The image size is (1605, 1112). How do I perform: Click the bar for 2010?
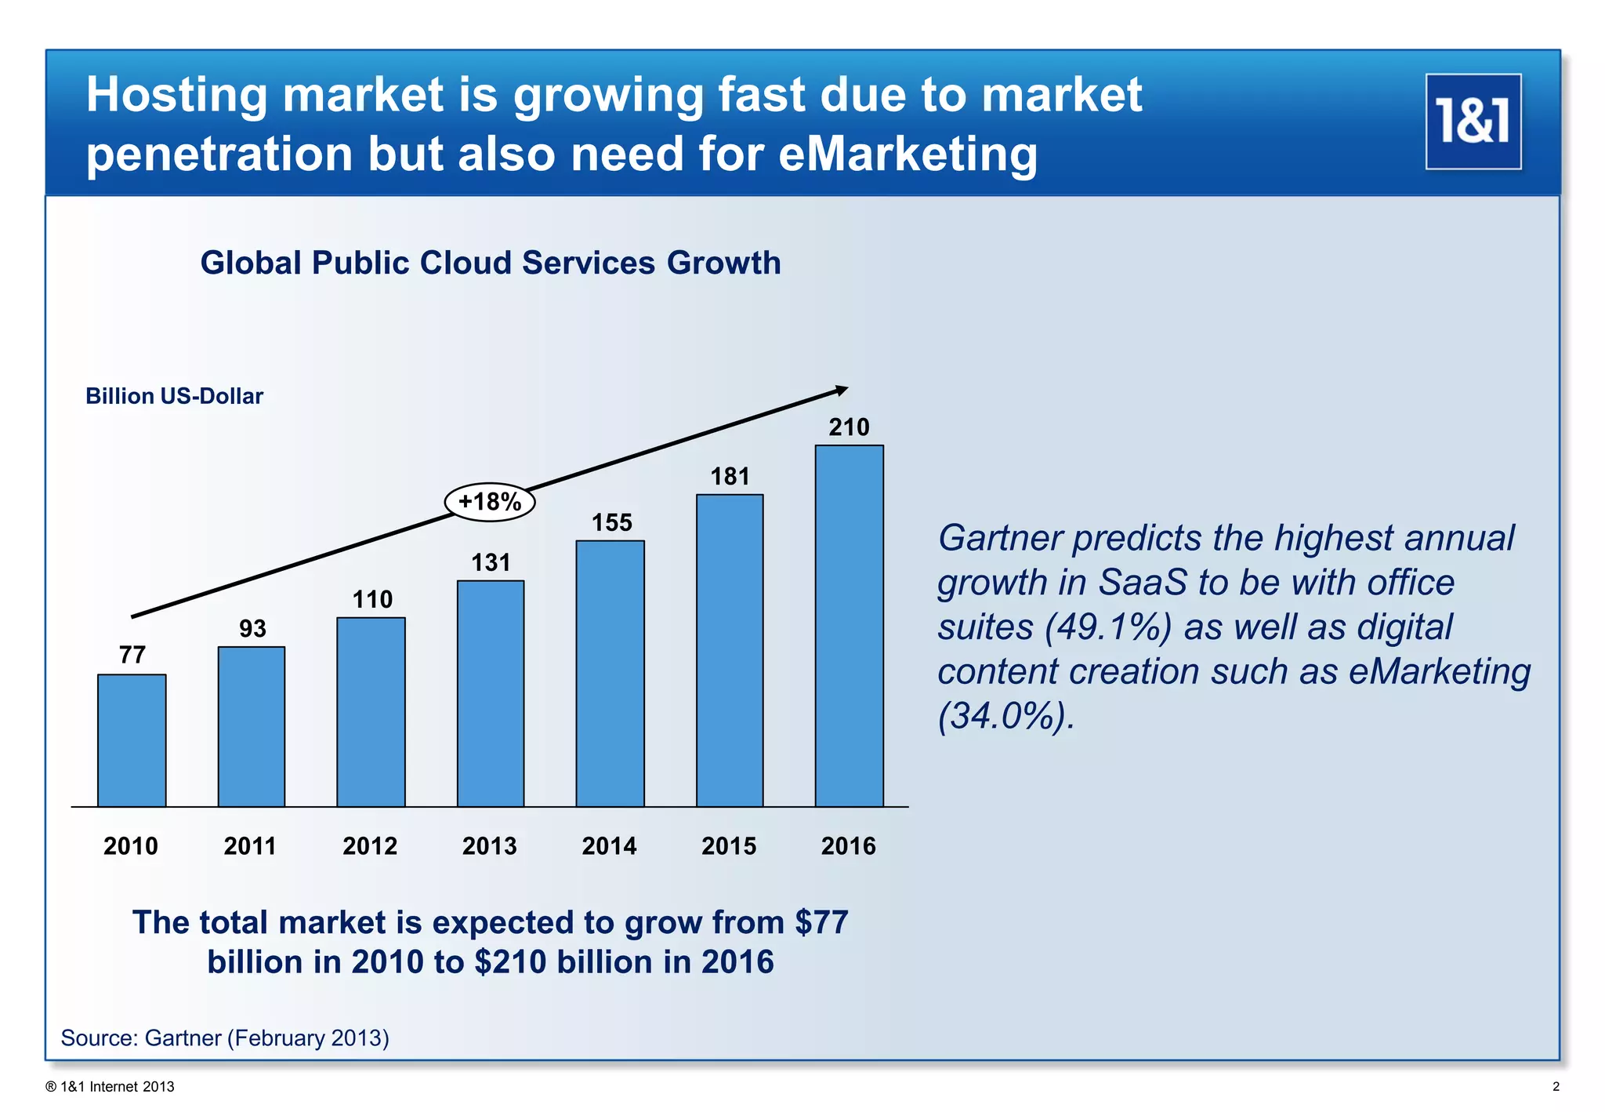(x=132, y=740)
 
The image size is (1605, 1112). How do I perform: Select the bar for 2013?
(x=491, y=693)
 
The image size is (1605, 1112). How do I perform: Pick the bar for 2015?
(x=730, y=650)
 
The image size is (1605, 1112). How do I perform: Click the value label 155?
(x=611, y=523)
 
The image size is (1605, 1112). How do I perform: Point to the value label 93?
(x=252, y=629)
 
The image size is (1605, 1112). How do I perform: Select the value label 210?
(x=849, y=427)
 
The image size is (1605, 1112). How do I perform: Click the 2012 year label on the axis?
(x=370, y=846)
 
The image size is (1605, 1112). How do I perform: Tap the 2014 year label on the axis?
(x=609, y=846)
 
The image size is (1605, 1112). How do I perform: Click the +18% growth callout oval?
(x=490, y=502)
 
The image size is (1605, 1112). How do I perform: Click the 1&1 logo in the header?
(x=1473, y=122)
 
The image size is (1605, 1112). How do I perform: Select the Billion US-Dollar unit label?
(x=174, y=396)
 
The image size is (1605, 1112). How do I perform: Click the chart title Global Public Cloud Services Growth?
(x=491, y=263)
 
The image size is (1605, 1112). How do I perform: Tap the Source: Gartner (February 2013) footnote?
(x=225, y=1038)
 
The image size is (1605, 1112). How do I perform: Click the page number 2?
(x=1556, y=1087)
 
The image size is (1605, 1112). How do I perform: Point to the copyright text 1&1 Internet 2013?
(x=111, y=1087)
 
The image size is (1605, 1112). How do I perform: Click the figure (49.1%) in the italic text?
(x=1108, y=627)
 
